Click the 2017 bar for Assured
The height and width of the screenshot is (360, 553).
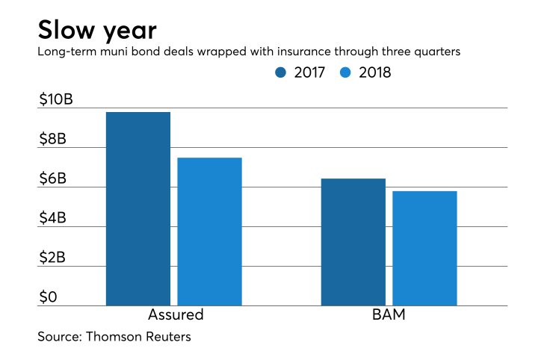[x=138, y=208]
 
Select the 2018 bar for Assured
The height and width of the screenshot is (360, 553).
[x=209, y=232]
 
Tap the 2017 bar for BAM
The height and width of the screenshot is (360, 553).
[x=353, y=242]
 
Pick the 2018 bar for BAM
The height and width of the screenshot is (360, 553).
[x=424, y=248]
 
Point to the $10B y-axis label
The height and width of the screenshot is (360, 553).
[x=55, y=99]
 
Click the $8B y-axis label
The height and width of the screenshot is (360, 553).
[x=52, y=139]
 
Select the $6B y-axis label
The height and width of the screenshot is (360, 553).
[x=52, y=179]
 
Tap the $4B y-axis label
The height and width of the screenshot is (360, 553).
[x=52, y=218]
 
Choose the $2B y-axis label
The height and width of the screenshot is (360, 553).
[x=52, y=258]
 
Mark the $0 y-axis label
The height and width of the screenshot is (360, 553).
[x=47, y=297]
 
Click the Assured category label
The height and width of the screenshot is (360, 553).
[x=174, y=315]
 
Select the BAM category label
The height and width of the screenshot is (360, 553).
[x=389, y=315]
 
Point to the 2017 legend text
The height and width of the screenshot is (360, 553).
[x=309, y=72]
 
